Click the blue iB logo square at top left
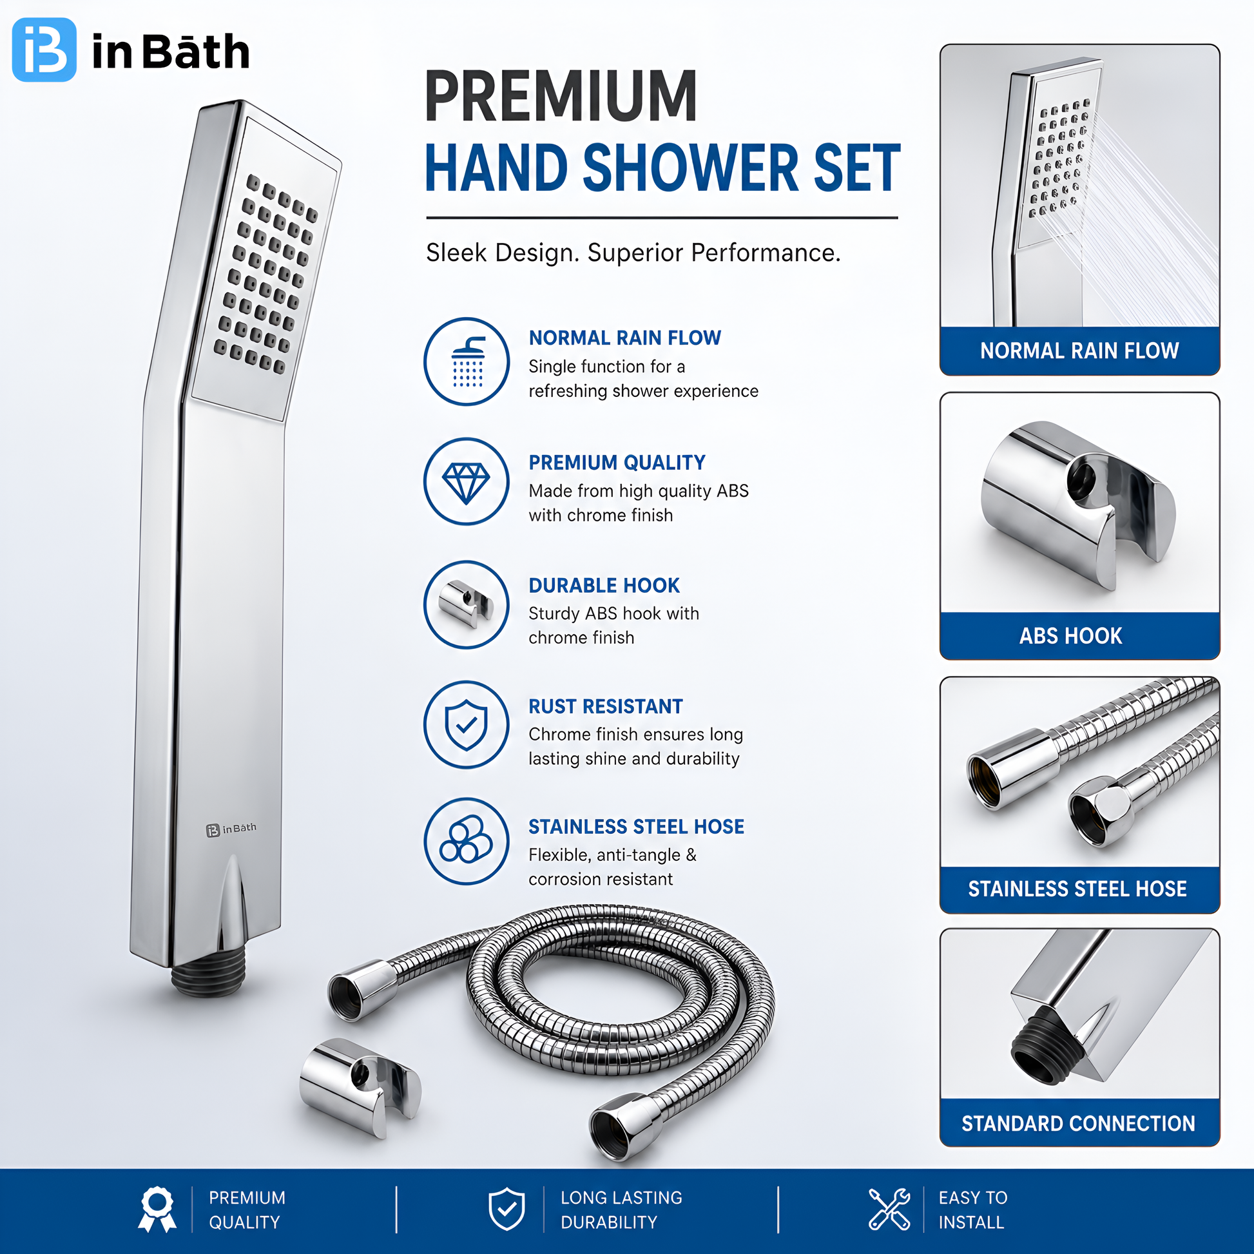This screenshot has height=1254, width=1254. click(44, 50)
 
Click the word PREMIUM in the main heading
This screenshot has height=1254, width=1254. click(561, 97)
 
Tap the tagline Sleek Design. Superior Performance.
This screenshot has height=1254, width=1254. click(633, 253)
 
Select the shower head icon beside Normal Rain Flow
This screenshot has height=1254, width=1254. click(467, 362)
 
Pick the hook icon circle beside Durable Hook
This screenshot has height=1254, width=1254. click(467, 604)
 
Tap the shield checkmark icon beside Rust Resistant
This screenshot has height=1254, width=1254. click(467, 724)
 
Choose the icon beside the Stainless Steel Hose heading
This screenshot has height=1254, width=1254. click(467, 841)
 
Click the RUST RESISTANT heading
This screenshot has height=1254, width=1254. click(606, 706)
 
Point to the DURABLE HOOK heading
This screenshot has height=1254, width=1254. click(604, 586)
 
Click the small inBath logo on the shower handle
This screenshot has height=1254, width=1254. click(231, 829)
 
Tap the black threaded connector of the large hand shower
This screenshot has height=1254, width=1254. click(209, 976)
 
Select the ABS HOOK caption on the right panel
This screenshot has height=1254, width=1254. click(1071, 636)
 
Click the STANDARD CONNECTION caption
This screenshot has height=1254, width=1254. click(1079, 1124)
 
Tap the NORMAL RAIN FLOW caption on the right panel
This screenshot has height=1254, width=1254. click(1079, 351)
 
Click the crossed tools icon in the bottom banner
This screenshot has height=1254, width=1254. click(890, 1209)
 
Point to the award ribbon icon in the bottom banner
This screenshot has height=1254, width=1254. click(157, 1209)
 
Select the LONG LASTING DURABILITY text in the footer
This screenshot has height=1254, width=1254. click(621, 1210)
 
